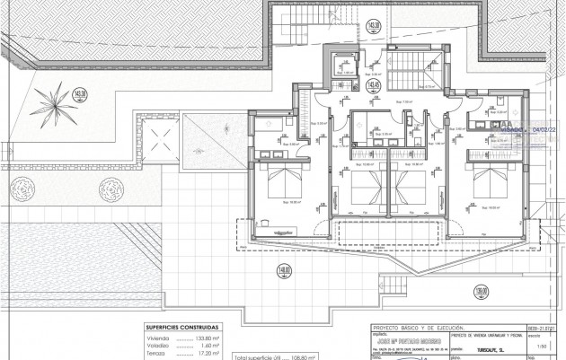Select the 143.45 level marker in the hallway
[x=371, y=87]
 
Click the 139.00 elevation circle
[x=482, y=292]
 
